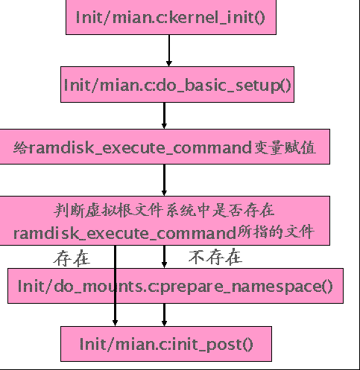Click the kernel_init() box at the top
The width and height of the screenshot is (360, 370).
[x=171, y=16]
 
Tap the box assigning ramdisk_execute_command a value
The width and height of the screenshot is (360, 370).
[x=164, y=147]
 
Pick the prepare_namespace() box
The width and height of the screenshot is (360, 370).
[x=175, y=285]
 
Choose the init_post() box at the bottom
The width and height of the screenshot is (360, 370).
[x=166, y=344]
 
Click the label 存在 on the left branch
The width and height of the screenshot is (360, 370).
[x=72, y=258]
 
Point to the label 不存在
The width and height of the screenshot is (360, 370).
[x=215, y=258]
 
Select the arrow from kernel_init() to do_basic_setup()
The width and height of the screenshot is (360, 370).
[x=170, y=51]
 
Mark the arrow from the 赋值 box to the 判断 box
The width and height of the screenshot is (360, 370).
[x=164, y=180]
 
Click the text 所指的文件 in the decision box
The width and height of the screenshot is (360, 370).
[x=278, y=232]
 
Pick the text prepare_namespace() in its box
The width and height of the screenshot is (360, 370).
[x=259, y=285]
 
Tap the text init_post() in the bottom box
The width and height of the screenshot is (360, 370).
[x=216, y=344]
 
